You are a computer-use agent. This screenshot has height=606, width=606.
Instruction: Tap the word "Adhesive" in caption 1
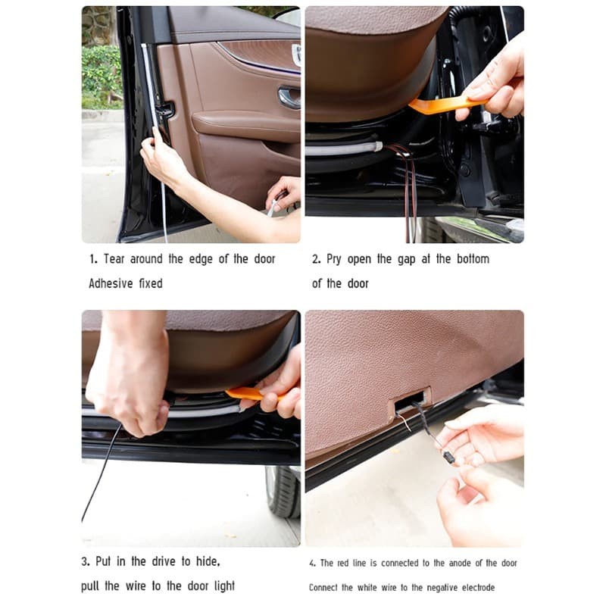point(111,283)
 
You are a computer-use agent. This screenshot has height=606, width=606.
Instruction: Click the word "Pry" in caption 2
point(333,259)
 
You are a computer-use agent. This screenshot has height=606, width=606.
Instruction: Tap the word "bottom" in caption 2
point(473,258)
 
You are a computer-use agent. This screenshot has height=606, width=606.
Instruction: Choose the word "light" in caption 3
point(224,586)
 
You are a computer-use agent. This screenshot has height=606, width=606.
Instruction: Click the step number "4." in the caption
point(312,564)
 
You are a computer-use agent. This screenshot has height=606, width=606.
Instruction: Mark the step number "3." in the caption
point(86,561)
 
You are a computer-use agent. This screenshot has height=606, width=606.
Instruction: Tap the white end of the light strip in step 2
point(378,147)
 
